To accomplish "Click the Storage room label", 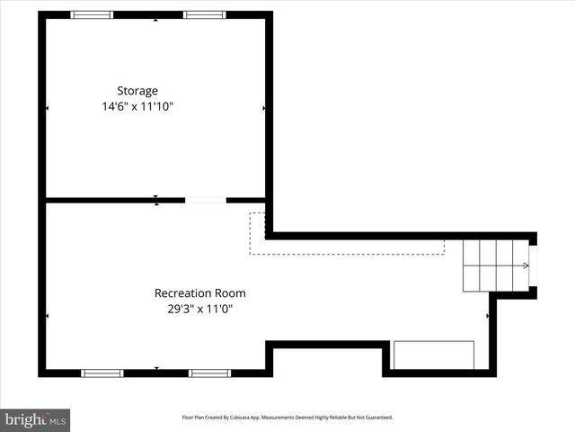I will click(137, 91).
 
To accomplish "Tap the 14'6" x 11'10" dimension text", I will click(137, 106).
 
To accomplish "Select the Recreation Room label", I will click(199, 293).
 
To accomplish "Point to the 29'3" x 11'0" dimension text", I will click(199, 309).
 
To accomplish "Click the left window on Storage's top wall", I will click(93, 15).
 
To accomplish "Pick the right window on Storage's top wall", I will click(204, 15).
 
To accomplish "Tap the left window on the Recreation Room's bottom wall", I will click(102, 373).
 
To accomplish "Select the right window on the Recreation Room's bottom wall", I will click(209, 373).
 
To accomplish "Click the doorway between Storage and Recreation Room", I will click(205, 200).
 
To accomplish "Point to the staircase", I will click(495, 265).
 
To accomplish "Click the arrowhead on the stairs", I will click(526, 265).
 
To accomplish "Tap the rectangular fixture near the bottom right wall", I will click(434, 355).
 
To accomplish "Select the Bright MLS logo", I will click(35, 419).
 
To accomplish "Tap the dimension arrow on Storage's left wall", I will click(47, 108).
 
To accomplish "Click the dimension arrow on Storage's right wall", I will click(263, 108).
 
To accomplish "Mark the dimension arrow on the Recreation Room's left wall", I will click(47, 316).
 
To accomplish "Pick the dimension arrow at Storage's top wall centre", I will click(156, 20).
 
